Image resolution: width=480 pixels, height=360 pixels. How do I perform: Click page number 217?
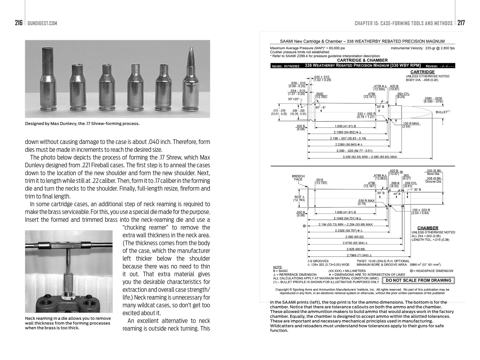point(461,23)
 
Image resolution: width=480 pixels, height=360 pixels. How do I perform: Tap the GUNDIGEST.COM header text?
point(42,24)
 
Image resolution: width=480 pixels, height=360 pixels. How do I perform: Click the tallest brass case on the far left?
point(49,80)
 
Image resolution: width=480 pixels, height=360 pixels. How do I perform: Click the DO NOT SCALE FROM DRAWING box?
point(418,280)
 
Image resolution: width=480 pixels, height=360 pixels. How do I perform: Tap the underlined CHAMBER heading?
point(428,228)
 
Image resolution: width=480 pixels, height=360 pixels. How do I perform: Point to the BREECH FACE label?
point(298,178)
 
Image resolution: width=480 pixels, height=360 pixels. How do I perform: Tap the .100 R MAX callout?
point(411,123)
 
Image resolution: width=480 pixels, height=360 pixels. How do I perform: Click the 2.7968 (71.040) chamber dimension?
point(358,255)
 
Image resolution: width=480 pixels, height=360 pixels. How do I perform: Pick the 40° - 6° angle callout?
point(321,107)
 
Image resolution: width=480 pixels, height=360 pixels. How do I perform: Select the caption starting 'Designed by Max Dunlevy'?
point(82,124)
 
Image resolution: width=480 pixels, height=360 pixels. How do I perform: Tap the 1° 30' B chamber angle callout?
point(416,190)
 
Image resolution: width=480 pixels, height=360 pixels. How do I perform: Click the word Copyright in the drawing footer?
point(283,289)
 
